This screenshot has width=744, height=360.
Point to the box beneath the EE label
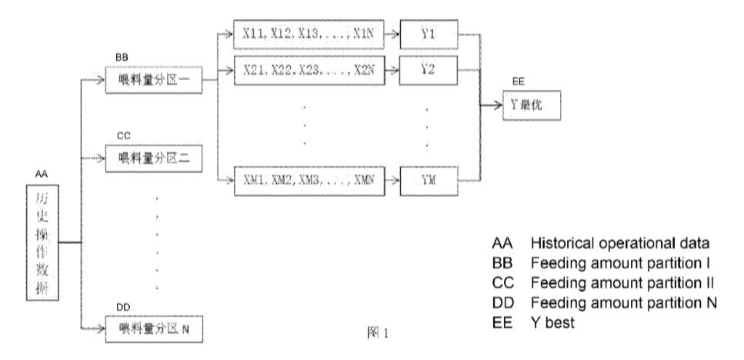point(538,106)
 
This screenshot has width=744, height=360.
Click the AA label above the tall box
point(42,175)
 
